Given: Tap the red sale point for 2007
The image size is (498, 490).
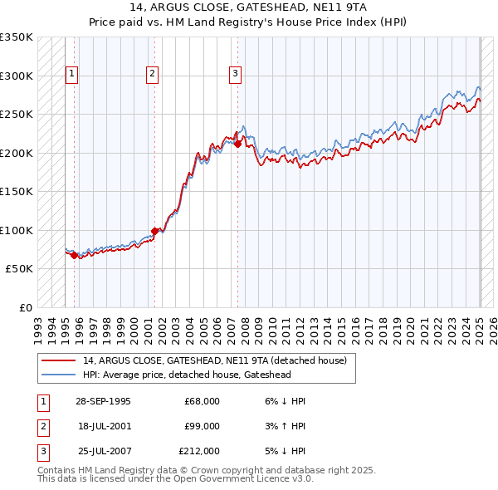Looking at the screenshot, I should click(x=237, y=144).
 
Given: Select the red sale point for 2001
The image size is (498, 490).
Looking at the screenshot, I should click(x=154, y=231).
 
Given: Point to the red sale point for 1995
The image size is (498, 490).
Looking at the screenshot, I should click(x=75, y=255).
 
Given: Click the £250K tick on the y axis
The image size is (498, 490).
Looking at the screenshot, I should click(x=17, y=115).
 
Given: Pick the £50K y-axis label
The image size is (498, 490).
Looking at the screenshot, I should click(x=19, y=269).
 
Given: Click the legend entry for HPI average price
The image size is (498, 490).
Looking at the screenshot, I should click(x=187, y=375).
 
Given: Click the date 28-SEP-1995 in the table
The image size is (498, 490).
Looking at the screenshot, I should click(x=103, y=401).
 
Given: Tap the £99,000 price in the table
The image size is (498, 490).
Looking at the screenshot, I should click(x=203, y=426).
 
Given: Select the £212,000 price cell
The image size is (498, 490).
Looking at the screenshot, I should click(x=199, y=451).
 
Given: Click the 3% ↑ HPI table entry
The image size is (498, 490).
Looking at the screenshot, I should click(x=284, y=426).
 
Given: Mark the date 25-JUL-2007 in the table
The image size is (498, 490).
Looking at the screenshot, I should click(x=103, y=451).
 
